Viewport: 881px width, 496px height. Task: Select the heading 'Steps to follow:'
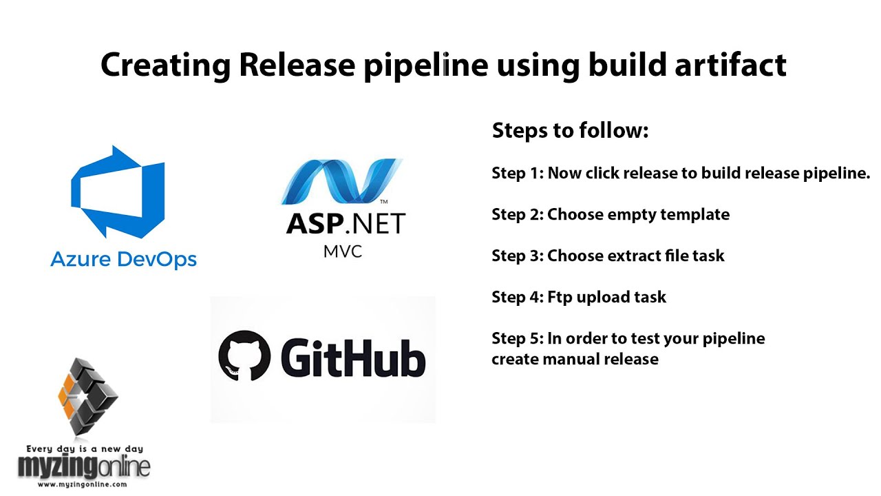coord(570,131)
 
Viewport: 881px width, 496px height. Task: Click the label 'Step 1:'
coord(517,173)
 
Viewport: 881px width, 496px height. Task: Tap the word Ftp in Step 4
coord(561,297)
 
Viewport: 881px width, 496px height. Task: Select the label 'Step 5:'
coord(517,338)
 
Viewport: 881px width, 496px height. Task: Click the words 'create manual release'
coord(575,359)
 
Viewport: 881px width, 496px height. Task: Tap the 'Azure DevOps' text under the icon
coord(124,260)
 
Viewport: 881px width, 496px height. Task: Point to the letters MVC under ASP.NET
coord(342,251)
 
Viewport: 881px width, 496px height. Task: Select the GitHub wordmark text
coord(352,355)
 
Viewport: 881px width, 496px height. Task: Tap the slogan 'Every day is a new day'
coord(83,448)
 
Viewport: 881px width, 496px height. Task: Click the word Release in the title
coord(297,65)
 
